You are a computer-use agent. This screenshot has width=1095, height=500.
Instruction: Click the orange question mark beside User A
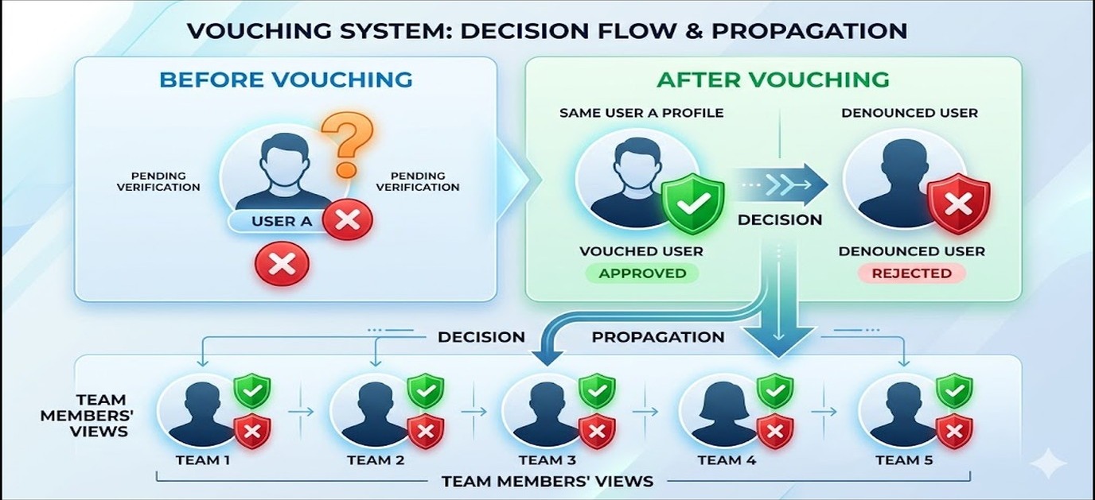(348, 144)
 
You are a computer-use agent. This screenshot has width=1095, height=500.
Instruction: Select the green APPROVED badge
(642, 273)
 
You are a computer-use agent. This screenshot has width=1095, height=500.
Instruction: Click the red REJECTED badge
(912, 273)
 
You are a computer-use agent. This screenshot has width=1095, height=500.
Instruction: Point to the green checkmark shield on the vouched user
(692, 203)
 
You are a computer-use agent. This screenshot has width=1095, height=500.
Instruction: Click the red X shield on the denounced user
(959, 203)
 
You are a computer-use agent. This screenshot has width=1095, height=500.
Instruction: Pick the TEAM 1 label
(202, 460)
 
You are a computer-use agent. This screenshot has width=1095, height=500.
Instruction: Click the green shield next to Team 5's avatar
(953, 390)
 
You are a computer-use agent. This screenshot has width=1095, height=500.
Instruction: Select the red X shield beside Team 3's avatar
(597, 431)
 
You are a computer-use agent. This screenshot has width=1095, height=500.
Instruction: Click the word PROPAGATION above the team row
(658, 337)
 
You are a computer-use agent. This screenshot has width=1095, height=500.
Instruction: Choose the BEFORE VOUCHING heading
(286, 79)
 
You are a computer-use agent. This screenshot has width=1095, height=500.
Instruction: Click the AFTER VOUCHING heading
(773, 79)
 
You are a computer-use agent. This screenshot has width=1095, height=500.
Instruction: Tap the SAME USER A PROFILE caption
(641, 113)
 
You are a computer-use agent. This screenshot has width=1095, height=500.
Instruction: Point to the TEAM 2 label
(376, 460)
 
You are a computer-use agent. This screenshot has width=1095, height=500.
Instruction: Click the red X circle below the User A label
(282, 264)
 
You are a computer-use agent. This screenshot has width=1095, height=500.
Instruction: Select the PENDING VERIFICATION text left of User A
(158, 182)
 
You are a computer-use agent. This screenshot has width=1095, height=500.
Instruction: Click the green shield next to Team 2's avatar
(426, 390)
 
